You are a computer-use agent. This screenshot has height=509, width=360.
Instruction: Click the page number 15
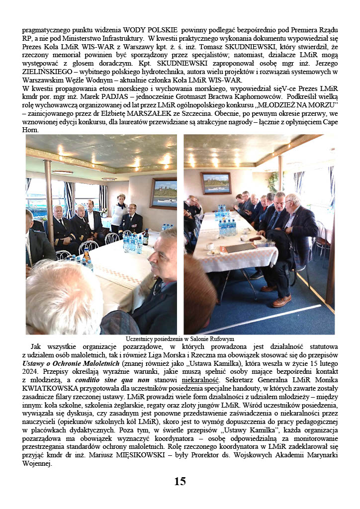180,481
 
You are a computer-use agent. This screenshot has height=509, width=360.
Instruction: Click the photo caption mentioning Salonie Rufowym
180,339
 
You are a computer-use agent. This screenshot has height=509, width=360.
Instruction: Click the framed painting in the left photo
164,193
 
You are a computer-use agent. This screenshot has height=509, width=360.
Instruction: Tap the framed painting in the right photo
216,183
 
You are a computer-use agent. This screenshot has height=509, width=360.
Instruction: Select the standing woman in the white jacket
119,211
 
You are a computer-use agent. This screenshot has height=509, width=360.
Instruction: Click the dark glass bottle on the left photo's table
146,238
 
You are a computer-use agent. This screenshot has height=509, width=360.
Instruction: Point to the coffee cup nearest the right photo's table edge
210,247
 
